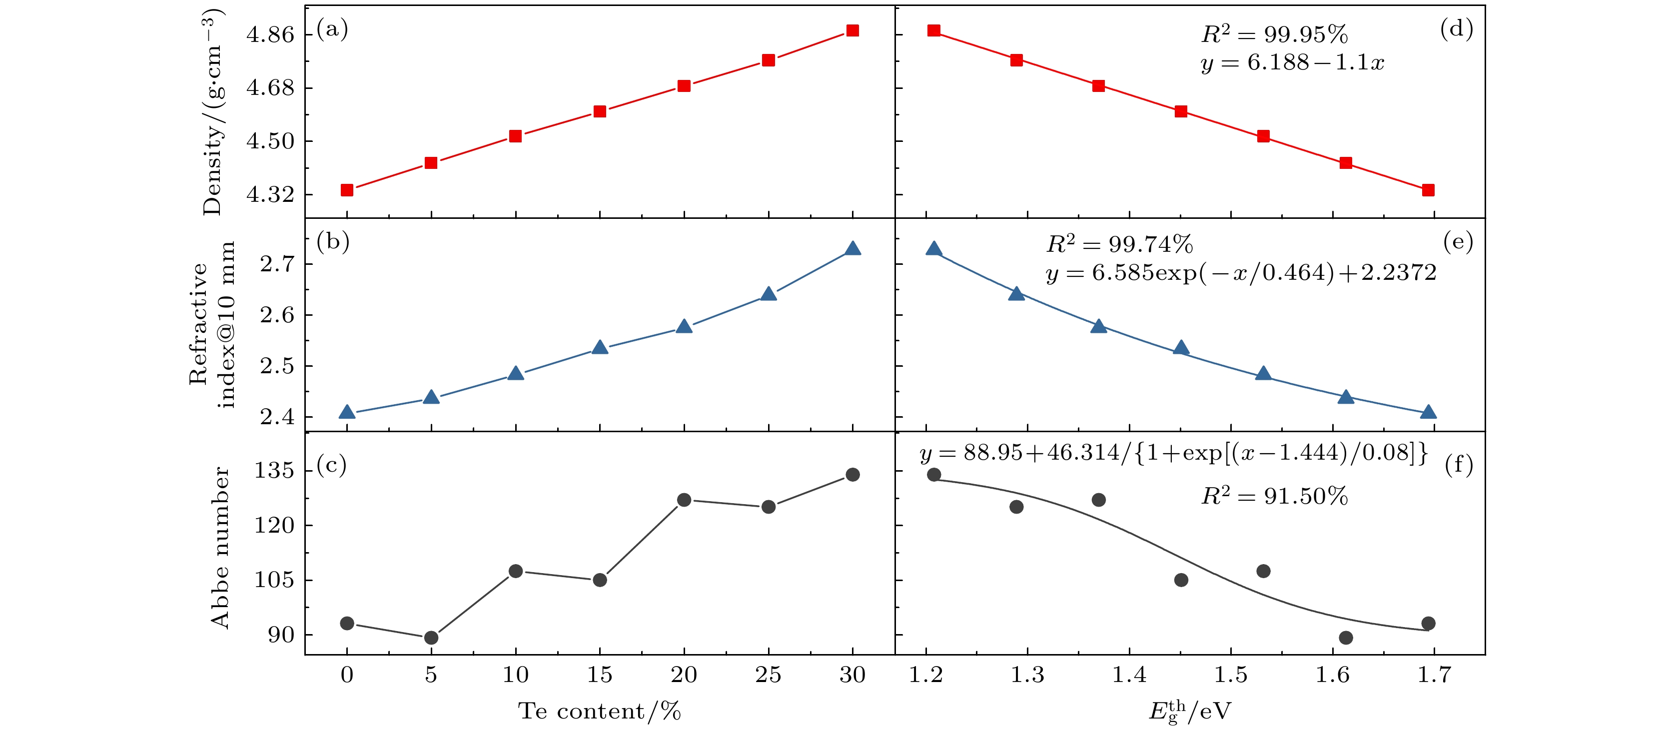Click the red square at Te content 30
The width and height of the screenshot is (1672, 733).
[x=852, y=30]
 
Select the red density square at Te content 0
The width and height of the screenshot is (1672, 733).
[x=347, y=189]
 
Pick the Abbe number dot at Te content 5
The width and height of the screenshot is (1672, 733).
[x=431, y=638]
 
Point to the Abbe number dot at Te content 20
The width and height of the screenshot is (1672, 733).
[x=684, y=499]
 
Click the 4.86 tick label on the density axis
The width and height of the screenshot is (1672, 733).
[x=270, y=34]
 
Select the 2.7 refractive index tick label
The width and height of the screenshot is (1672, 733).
[x=277, y=264]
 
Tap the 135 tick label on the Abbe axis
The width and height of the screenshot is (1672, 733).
[x=274, y=470]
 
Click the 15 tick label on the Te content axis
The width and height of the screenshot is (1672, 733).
[x=599, y=675]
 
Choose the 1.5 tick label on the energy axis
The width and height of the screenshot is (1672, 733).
[x=1231, y=675]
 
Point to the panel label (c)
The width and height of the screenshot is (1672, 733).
[x=332, y=465]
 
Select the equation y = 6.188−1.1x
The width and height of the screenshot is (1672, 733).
[x=1292, y=63]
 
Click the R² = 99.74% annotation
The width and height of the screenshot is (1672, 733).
[x=1119, y=244]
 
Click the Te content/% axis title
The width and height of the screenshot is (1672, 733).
[x=599, y=711]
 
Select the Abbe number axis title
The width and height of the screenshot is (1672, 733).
[x=220, y=547]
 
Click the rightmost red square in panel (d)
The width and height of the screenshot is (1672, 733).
[x=1427, y=189]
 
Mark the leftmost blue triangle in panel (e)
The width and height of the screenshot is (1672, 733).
[x=933, y=249]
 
